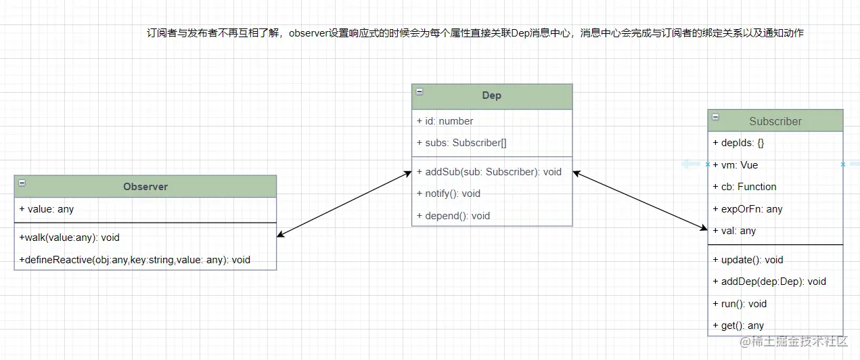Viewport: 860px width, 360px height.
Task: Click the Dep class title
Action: click(x=491, y=95)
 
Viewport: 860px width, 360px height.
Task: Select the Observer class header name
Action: click(x=145, y=186)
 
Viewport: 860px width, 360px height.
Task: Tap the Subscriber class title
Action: click(x=775, y=121)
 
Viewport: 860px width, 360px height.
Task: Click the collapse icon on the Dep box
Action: click(x=420, y=92)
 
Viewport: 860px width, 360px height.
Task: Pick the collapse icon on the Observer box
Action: click(x=22, y=183)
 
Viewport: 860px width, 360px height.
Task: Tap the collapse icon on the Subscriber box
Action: click(x=716, y=118)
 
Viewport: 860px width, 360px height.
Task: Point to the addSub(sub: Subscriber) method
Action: click(x=489, y=172)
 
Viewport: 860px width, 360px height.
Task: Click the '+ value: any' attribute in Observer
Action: click(x=47, y=209)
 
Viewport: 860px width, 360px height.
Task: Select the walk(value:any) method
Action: click(x=70, y=238)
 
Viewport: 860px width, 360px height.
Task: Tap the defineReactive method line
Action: click(x=135, y=260)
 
